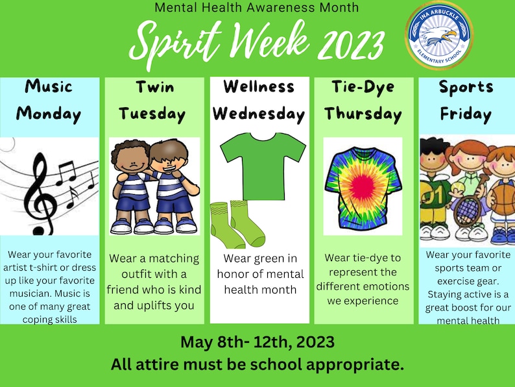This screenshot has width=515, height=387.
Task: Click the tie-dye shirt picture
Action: [362, 186]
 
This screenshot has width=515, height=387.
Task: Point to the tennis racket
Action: [466, 209]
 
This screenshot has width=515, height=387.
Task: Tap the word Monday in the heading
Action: [49, 114]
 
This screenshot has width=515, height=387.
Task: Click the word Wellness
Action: [259, 87]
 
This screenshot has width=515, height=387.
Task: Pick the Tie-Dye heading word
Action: [363, 87]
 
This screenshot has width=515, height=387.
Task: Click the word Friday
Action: [466, 114]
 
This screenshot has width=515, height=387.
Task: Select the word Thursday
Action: [363, 114]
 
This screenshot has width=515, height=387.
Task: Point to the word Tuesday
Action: [152, 114]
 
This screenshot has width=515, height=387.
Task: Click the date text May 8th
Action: [208, 341]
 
